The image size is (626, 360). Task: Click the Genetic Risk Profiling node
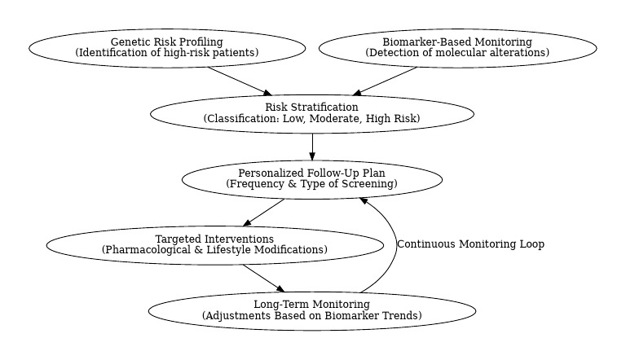[167, 47]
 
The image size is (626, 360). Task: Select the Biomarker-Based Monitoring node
[457, 47]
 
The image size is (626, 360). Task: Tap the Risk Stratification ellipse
[311, 113]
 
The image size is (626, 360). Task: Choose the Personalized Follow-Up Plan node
[311, 179]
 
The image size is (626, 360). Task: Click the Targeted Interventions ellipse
[214, 244]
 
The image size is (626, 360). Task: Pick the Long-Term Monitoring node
[311, 310]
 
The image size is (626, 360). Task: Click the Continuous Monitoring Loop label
[470, 244]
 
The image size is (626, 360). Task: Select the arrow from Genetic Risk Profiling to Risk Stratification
[239, 81]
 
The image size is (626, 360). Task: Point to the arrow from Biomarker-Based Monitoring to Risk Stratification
[386, 81]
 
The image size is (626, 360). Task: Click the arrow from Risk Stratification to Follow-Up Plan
[312, 146]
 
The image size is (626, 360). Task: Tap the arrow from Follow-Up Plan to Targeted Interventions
[264, 212]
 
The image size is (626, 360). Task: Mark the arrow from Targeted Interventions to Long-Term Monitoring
[262, 278]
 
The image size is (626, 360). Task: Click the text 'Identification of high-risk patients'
[167, 53]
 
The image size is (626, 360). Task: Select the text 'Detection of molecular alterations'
[457, 53]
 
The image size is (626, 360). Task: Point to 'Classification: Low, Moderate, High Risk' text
[311, 119]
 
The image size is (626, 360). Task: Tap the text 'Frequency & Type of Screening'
[311, 185]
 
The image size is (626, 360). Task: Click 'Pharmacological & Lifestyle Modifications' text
[214, 250]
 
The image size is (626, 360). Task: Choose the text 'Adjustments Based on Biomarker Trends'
[311, 316]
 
